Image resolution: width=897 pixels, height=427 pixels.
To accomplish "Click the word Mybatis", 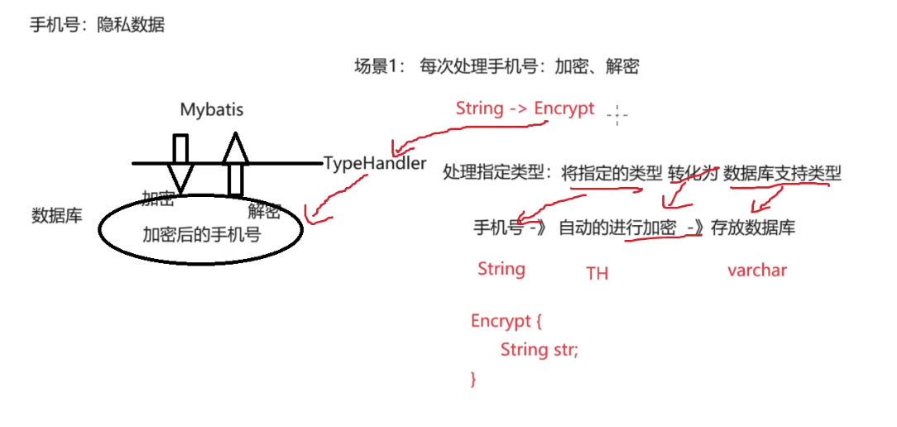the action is (x=212, y=109).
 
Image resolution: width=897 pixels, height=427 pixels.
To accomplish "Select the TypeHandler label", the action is (x=375, y=163).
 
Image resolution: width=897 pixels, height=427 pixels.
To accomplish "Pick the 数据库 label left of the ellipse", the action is (x=56, y=216).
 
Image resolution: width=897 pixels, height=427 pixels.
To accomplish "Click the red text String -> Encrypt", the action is (x=525, y=108).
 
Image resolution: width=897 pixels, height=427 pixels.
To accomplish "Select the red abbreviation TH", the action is (x=597, y=273).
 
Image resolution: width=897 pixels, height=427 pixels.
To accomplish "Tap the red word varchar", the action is (x=757, y=270).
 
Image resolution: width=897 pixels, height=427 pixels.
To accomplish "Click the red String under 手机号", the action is (x=501, y=269).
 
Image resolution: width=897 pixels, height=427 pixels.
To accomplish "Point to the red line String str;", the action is (x=539, y=349).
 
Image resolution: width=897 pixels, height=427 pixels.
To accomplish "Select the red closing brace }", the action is (x=473, y=378).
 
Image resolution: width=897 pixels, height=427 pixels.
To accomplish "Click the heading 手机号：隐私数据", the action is (x=97, y=25).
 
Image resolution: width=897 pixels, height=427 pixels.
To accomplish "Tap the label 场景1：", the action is (x=378, y=68).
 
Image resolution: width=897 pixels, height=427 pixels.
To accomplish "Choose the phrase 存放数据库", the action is (x=753, y=228).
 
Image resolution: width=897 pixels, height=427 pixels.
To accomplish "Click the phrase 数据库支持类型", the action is (x=782, y=173).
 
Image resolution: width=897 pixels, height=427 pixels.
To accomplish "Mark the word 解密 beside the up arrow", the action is (x=264, y=211).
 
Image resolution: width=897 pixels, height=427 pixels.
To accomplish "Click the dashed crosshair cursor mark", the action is (x=617, y=115).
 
